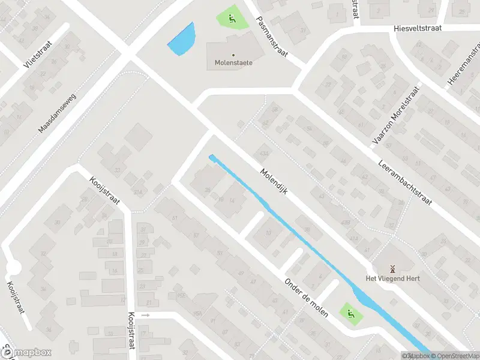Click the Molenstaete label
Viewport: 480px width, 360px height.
click(233, 62)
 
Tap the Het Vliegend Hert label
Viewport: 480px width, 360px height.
click(393, 278)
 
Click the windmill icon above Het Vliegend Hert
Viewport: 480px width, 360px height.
click(393, 268)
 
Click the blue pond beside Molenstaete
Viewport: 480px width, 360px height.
click(182, 39)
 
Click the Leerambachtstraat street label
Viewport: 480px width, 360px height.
click(406, 182)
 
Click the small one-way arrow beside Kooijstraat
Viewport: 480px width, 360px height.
click(145, 314)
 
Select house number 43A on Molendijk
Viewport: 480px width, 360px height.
click(263, 152)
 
